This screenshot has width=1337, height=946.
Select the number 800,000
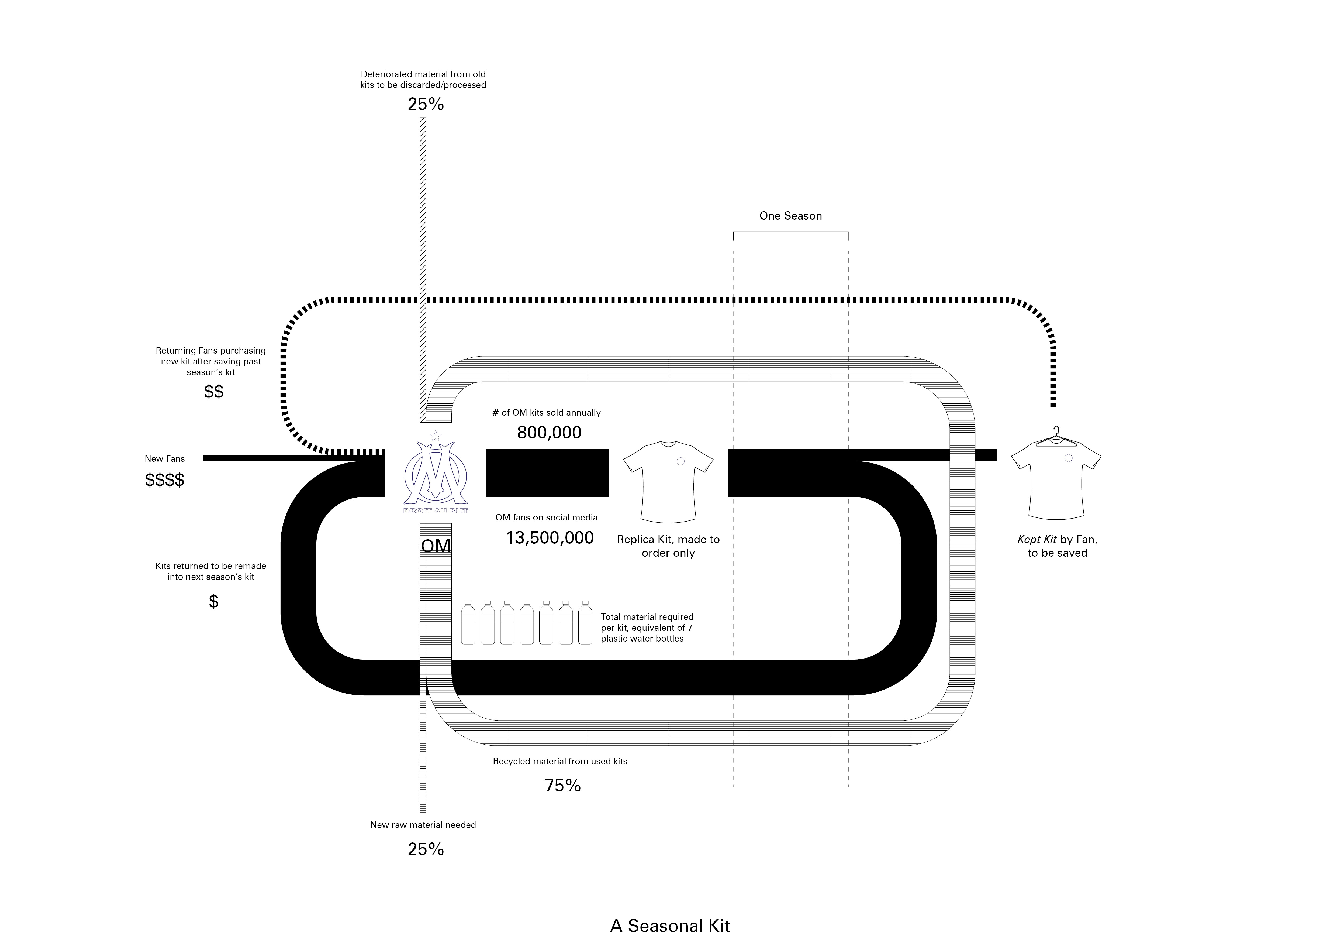[x=549, y=433]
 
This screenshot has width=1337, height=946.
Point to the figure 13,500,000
[x=550, y=538]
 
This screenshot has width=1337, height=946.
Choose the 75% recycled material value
[x=562, y=786]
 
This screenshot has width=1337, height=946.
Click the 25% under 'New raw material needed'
[x=426, y=849]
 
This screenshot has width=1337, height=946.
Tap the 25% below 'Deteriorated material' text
[x=426, y=104]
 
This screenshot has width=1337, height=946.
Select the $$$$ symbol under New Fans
[x=165, y=480]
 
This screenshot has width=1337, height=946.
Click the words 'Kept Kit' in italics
[x=1037, y=539]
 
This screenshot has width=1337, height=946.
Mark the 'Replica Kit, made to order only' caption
[x=668, y=546]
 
